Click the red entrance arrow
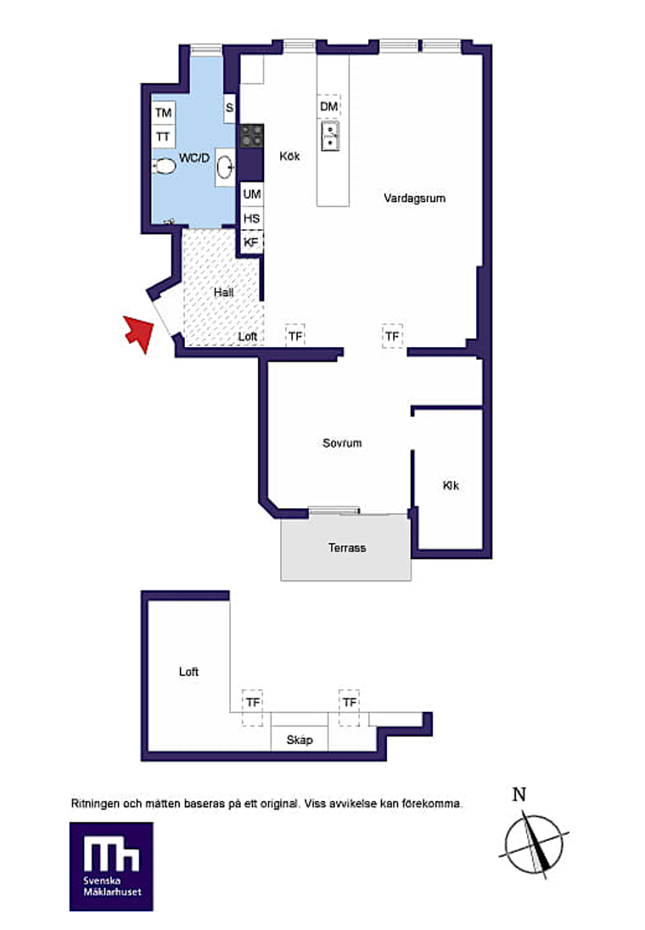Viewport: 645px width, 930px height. coord(139,333)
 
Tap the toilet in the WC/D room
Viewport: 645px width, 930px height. coord(164,166)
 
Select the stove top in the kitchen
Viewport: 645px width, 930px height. coord(251,136)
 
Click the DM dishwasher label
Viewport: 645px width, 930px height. coord(328,107)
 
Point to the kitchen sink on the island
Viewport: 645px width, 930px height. coord(330,136)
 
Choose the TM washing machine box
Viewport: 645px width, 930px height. coord(163,113)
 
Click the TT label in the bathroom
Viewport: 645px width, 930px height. coord(163,137)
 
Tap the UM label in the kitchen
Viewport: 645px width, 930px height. coord(251,194)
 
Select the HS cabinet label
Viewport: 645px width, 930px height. coord(251,218)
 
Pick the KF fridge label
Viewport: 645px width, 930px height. coord(251,242)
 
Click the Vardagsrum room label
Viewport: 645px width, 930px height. coord(414,198)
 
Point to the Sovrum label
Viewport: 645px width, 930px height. coord(342,443)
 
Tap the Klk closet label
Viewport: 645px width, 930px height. coord(451,485)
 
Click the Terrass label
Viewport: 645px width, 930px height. coord(347,547)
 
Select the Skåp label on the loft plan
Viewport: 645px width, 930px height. coord(299,740)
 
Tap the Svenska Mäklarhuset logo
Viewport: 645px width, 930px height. coord(111,866)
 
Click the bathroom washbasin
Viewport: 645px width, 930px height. coord(225,166)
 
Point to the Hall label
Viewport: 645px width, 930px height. coord(224,293)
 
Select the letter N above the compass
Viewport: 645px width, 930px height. coord(519,794)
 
